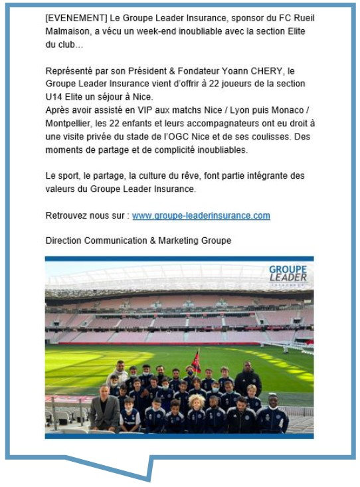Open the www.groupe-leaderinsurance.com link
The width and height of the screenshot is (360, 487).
pos(201,216)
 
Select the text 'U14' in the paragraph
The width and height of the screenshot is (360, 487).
pos(54,97)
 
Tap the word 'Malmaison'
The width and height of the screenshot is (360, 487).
pos(68,31)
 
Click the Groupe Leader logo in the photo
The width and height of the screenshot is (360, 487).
pos(288,273)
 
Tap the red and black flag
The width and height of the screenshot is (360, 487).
pos(195,361)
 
